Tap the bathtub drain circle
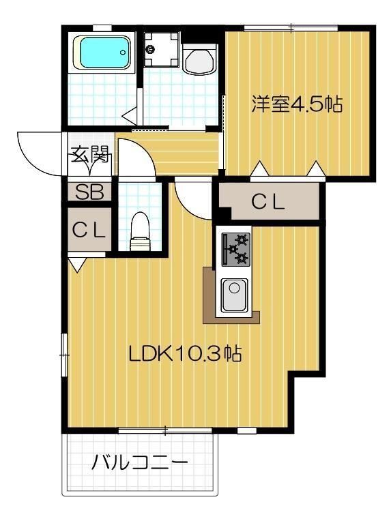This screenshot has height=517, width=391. [x=122, y=50]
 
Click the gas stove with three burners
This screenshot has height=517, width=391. [x=234, y=249]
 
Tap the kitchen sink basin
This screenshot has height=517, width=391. [x=233, y=295]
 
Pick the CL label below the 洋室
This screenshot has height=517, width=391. [x=267, y=202]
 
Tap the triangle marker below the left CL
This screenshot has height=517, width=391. [x=76, y=263]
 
